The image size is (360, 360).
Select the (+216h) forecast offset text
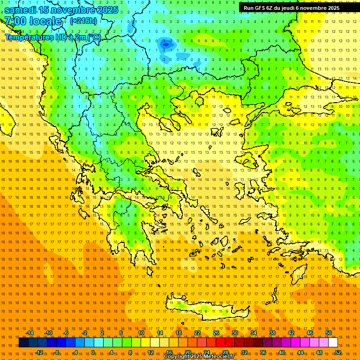pyautogui.click(x=83, y=21)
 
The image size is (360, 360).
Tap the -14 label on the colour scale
pyautogui.click(x=30, y=333)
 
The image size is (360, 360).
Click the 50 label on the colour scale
pyautogui.click(x=329, y=333)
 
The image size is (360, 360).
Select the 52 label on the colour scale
pyautogui.click(x=338, y=352)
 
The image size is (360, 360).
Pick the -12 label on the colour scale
pyautogui.click(x=39, y=352)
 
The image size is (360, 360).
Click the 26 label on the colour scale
pyautogui.click(x=216, y=333)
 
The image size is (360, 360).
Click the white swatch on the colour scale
pyautogui.click(x=333, y=343)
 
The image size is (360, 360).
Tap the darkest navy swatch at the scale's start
pyautogui.click(x=23, y=343)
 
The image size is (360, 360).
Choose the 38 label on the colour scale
pyautogui.click(x=272, y=333)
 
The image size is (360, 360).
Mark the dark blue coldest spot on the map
pyautogui.click(x=165, y=44)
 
